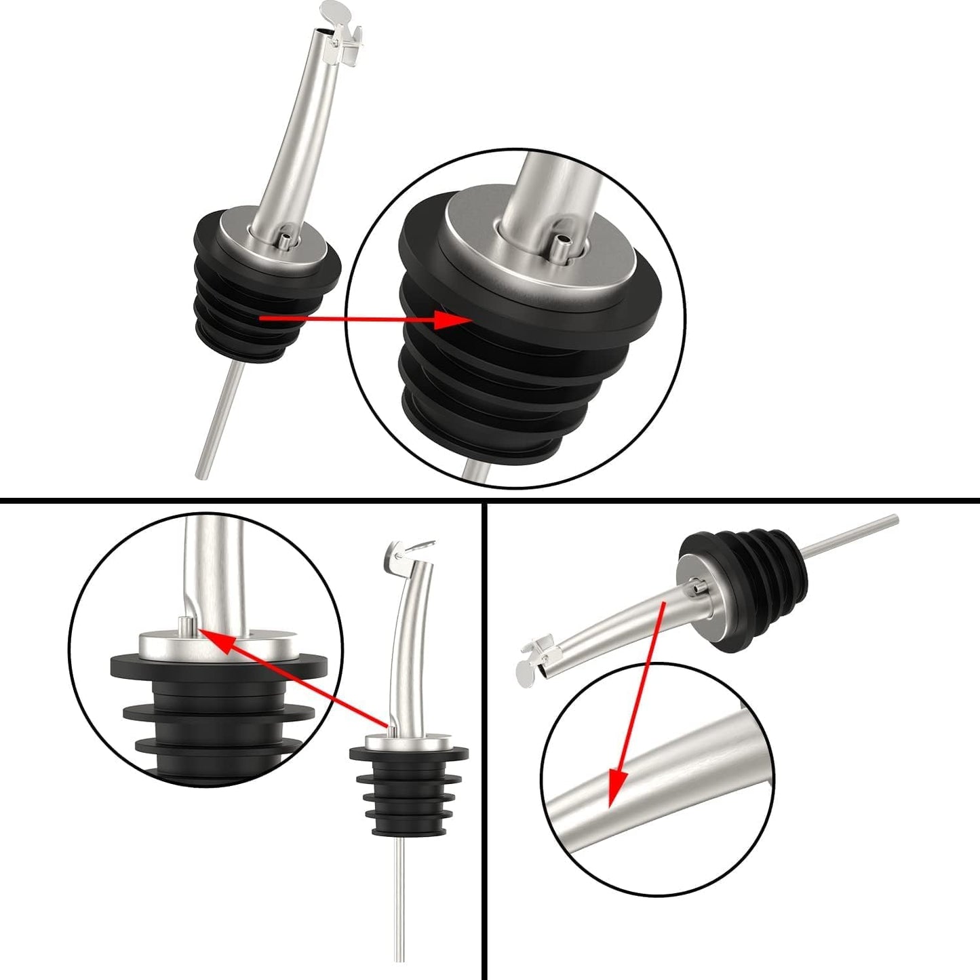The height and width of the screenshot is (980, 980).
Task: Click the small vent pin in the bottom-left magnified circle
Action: tap(184, 624)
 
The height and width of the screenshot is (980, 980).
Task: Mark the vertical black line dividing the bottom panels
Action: tap(485, 739)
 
